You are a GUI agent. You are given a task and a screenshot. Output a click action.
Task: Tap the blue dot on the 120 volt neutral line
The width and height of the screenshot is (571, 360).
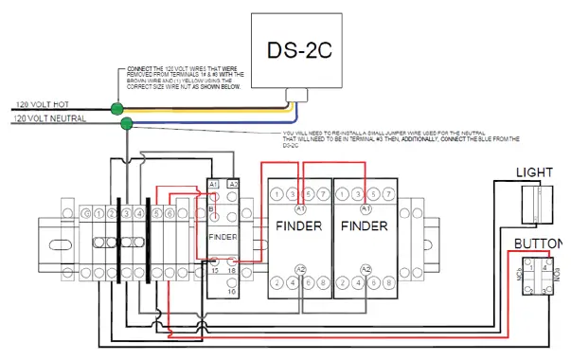129,121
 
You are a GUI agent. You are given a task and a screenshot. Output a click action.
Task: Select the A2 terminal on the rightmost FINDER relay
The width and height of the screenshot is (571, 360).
366,268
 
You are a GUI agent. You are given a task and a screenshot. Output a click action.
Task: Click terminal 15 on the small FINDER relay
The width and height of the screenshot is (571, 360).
214,271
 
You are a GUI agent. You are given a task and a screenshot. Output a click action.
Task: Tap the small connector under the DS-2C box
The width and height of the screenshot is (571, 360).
299,94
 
